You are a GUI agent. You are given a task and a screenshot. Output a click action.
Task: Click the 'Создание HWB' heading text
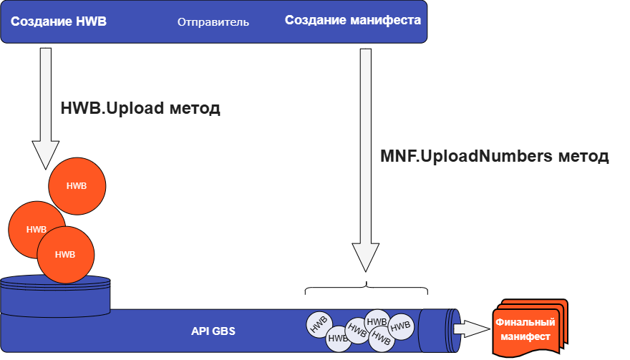(59, 21)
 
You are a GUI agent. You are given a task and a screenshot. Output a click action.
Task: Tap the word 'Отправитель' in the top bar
(213, 22)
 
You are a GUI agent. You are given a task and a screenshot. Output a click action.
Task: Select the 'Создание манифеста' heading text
(353, 20)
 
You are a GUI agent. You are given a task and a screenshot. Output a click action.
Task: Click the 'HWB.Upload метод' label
(140, 109)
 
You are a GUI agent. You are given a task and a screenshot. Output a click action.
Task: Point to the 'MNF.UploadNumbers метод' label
(494, 156)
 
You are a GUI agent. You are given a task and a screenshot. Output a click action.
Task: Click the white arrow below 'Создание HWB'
(46, 107)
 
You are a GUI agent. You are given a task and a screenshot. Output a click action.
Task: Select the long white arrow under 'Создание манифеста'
(366, 157)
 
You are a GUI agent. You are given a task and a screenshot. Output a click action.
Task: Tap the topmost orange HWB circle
(77, 186)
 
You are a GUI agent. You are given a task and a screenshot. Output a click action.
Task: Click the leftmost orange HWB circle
(36, 230)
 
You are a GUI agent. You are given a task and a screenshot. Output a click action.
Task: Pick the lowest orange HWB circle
(65, 255)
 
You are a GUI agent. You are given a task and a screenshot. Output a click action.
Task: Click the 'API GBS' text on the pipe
(213, 331)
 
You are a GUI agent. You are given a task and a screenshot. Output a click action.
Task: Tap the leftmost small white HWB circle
(319, 324)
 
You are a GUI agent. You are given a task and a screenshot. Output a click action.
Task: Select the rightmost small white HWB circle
(401, 326)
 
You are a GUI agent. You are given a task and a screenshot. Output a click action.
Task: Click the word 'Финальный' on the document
(525, 323)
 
